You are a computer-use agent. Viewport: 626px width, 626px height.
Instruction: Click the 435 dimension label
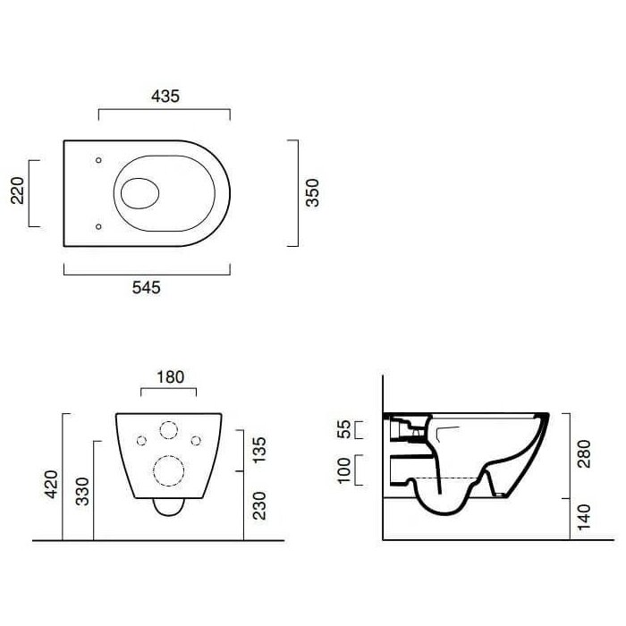pos(165,97)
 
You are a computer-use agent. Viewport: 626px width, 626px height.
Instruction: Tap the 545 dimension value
pos(146,287)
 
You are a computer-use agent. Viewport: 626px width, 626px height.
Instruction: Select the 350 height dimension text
pos(312,193)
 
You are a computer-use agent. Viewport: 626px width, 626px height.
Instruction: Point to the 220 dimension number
pos(17,190)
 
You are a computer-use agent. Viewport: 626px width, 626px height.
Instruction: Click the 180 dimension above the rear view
pos(171,376)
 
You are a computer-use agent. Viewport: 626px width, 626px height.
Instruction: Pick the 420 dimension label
pos(51,485)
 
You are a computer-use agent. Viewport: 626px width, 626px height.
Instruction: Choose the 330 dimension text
pos(82,492)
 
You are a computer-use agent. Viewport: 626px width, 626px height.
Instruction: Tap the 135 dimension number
pos(259,450)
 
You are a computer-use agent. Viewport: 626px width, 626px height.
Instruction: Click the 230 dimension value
pos(259,506)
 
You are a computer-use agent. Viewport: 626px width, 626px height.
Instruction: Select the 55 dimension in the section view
pos(343,429)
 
